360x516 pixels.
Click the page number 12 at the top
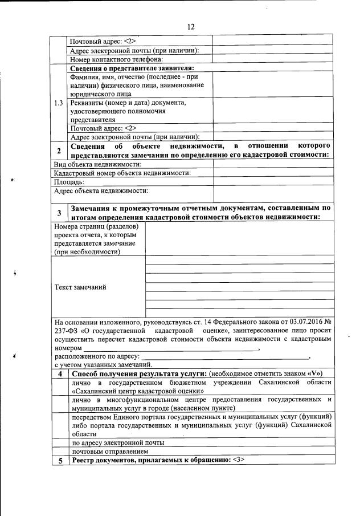pos(191,26)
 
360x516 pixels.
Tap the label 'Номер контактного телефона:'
pos(116,59)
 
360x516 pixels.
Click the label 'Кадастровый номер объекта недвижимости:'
pos(122,173)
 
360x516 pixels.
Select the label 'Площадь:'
pos(69,182)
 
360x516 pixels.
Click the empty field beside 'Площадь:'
pos(273,182)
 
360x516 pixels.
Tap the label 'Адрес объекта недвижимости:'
pos(101,191)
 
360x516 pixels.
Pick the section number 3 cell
pos(59,213)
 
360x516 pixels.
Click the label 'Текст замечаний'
pos(80,287)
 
